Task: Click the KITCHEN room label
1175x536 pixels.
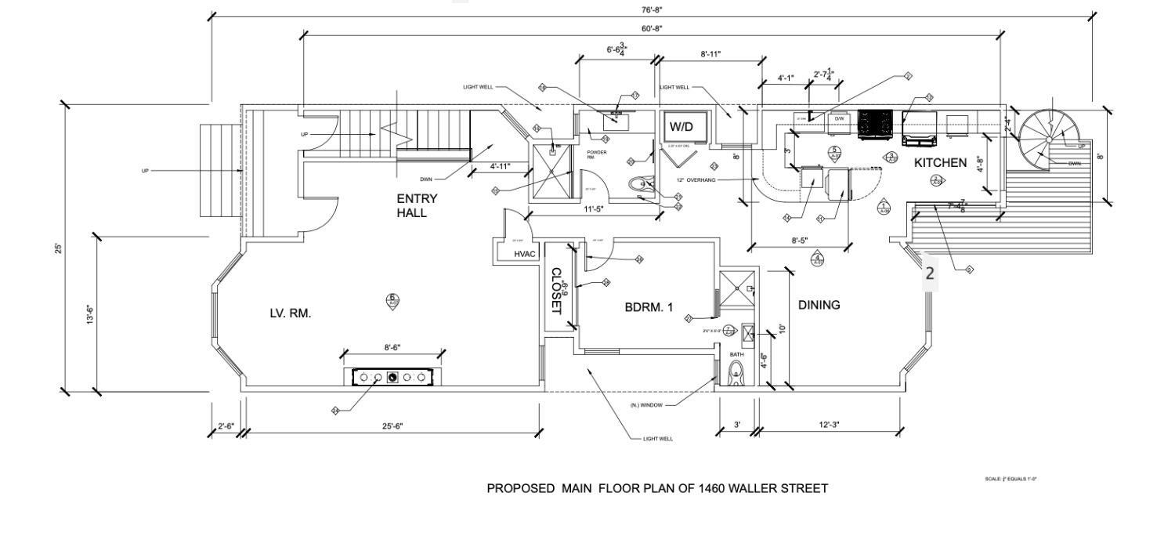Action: tap(940, 163)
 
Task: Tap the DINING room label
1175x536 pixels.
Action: tap(819, 305)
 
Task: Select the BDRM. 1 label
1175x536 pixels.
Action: tap(649, 308)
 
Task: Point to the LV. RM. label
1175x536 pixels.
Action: tap(291, 313)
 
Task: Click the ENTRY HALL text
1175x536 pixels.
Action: tap(417, 205)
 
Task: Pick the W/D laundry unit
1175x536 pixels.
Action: tap(681, 126)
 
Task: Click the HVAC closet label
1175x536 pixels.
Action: tap(524, 254)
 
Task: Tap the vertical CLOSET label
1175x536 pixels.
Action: tap(556, 291)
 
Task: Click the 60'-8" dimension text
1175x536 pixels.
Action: tap(652, 29)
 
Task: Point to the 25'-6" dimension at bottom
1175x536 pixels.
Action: tap(392, 426)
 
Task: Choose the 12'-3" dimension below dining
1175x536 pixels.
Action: tap(829, 425)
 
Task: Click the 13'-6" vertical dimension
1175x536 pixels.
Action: tap(89, 315)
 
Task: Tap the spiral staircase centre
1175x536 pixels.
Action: tap(1049, 139)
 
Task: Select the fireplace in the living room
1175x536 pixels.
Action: tap(392, 378)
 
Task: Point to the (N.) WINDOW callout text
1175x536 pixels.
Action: tap(646, 405)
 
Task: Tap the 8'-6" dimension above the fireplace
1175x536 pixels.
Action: tap(392, 347)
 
